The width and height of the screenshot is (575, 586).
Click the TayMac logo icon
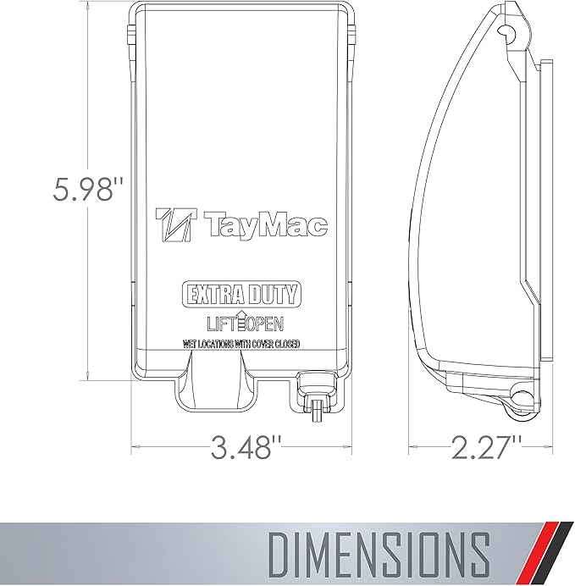coord(175,224)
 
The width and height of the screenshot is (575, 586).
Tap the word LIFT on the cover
coord(220,324)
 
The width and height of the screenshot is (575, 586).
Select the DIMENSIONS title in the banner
coord(379,553)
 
